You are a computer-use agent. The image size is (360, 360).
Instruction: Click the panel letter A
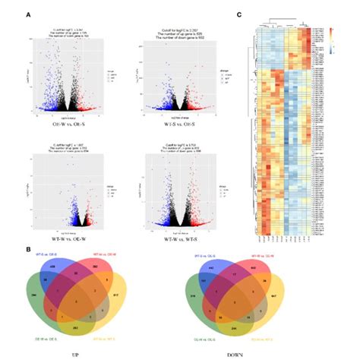tap(28, 14)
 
